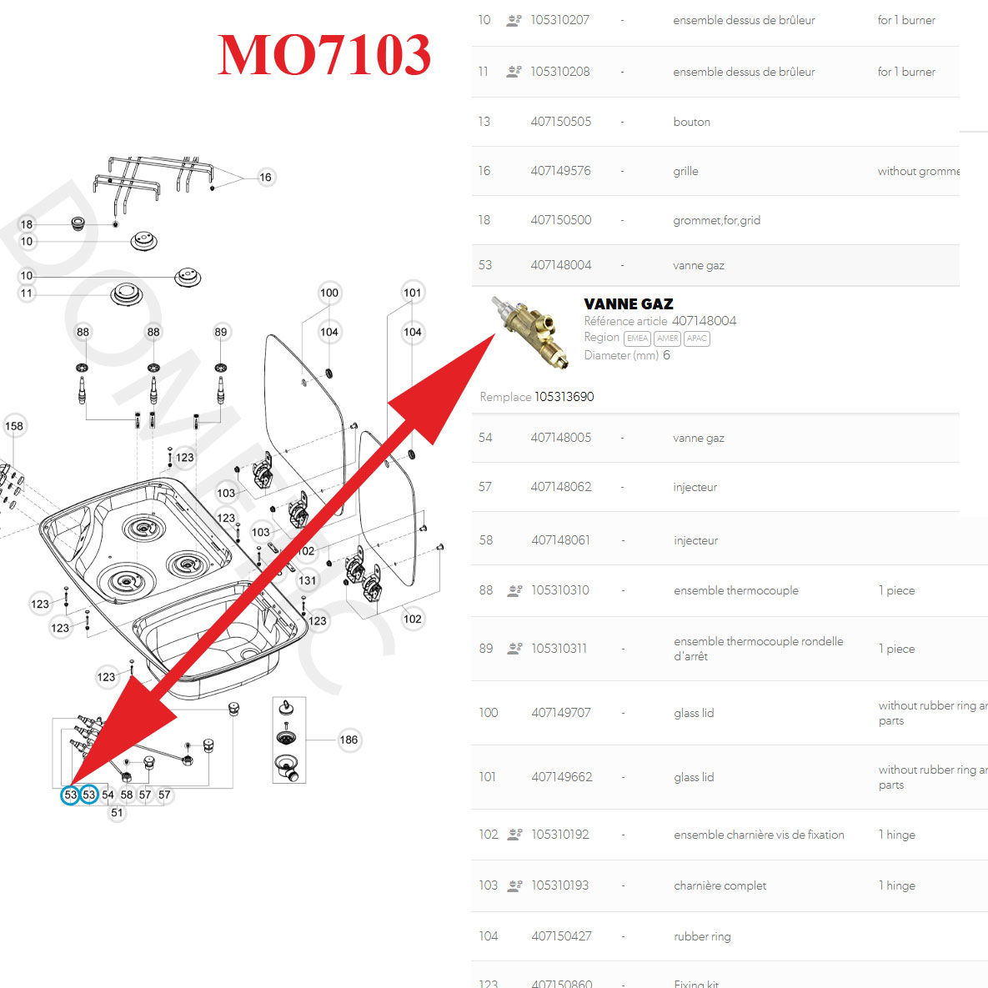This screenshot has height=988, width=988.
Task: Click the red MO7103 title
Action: click(x=323, y=55)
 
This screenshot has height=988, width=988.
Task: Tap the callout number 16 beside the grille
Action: click(x=265, y=177)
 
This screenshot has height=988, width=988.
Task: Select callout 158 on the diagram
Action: click(x=14, y=426)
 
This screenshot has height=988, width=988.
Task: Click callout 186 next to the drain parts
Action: click(x=349, y=740)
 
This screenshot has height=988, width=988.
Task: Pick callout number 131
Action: click(x=308, y=580)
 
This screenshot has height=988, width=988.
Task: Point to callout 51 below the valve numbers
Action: click(x=117, y=813)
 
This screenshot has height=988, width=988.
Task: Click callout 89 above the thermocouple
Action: click(x=221, y=332)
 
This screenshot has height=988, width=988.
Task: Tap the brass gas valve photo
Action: click(x=531, y=332)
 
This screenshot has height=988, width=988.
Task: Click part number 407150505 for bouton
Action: click(x=560, y=122)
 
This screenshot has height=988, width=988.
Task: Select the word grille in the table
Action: click(x=685, y=171)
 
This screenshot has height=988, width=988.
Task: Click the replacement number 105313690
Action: click(x=564, y=397)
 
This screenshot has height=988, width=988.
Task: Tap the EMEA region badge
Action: click(x=637, y=339)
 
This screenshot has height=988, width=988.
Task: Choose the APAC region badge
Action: click(x=697, y=339)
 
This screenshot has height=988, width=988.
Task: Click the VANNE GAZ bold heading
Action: click(x=629, y=304)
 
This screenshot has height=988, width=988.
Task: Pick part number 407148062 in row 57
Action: click(x=561, y=487)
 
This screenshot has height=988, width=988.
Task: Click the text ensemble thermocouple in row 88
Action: click(x=735, y=590)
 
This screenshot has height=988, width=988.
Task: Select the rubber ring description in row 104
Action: click(x=702, y=936)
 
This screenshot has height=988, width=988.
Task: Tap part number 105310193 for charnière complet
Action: click(x=559, y=885)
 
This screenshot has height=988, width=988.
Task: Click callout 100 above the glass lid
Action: click(x=329, y=293)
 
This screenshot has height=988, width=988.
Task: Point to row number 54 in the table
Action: click(x=485, y=438)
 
